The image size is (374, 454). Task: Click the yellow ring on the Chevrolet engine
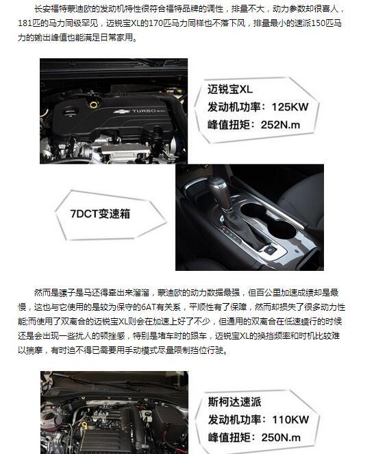pos(93,104)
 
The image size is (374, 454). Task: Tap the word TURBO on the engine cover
pos(144,111)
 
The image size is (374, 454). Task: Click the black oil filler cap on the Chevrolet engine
pos(69,112)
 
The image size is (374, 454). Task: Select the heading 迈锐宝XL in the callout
pos(230,89)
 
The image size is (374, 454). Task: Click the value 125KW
pos(290,107)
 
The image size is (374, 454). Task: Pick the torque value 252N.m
pos(281,125)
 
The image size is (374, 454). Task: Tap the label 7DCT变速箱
pos(100,214)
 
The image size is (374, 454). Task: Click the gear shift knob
pos(220,191)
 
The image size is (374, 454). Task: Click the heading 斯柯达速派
pos(234,402)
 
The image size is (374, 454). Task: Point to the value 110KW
pos(290,420)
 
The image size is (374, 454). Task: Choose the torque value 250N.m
pos(281,438)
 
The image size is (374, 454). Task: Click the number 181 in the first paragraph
pos(25,23)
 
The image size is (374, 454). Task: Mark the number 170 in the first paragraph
pos(156,23)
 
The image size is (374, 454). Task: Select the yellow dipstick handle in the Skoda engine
pos(84,425)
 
